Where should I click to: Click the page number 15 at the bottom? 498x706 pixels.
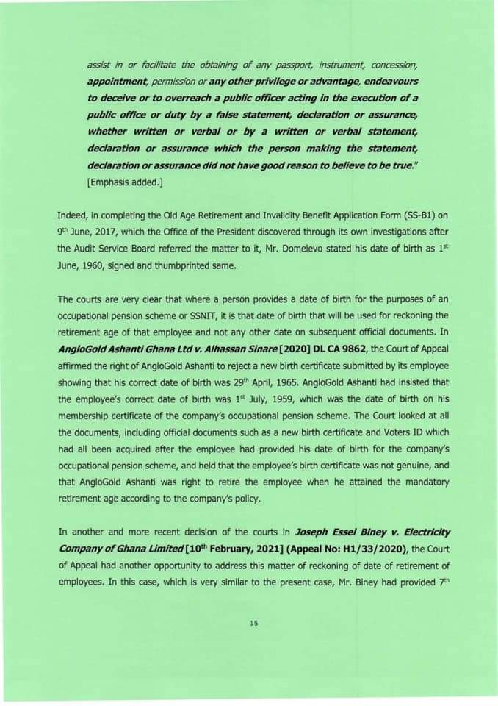[254, 624]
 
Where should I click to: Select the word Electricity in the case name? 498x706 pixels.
[422, 531]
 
